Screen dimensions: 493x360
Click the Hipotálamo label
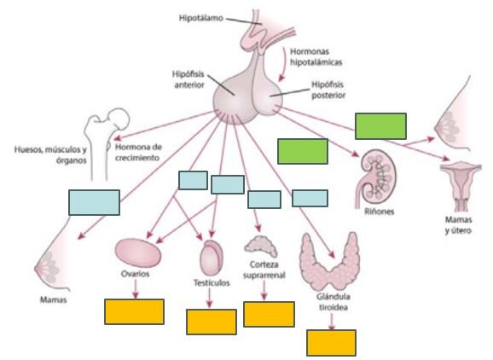201,18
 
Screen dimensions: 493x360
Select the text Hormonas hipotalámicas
316,56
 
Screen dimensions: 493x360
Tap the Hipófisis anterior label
188,79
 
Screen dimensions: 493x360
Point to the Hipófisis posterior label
328,90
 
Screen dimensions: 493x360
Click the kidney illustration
376,177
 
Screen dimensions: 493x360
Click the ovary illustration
138,253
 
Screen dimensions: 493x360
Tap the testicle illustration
212,258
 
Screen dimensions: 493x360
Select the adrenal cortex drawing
261,246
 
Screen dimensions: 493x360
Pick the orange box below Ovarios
134,311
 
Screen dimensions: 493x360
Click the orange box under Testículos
212,322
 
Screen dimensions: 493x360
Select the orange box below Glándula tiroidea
332,343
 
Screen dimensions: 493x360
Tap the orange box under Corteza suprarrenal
270,314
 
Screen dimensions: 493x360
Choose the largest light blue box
94,202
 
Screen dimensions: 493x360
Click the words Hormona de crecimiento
138,152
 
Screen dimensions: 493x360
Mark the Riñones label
380,212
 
